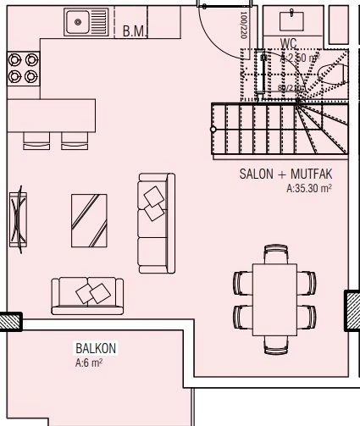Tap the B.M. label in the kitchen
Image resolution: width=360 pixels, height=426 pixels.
[133, 31]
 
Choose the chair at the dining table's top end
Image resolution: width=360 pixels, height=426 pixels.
[275, 253]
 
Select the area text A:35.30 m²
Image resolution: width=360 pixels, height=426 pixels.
[308, 189]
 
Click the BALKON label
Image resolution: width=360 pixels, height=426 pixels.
[95, 349]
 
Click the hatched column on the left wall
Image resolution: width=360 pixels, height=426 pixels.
[9, 320]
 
